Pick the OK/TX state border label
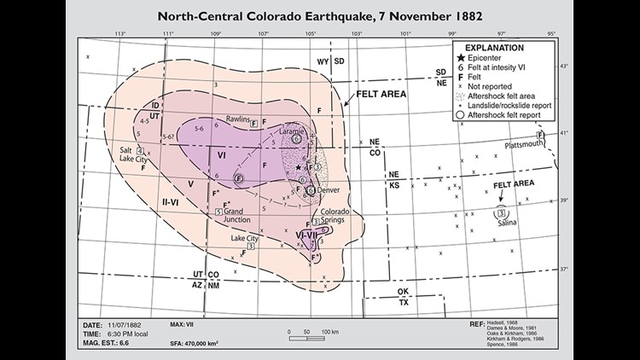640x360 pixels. pyautogui.click(x=402, y=296)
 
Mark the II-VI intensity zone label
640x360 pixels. pyautogui.click(x=171, y=201)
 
